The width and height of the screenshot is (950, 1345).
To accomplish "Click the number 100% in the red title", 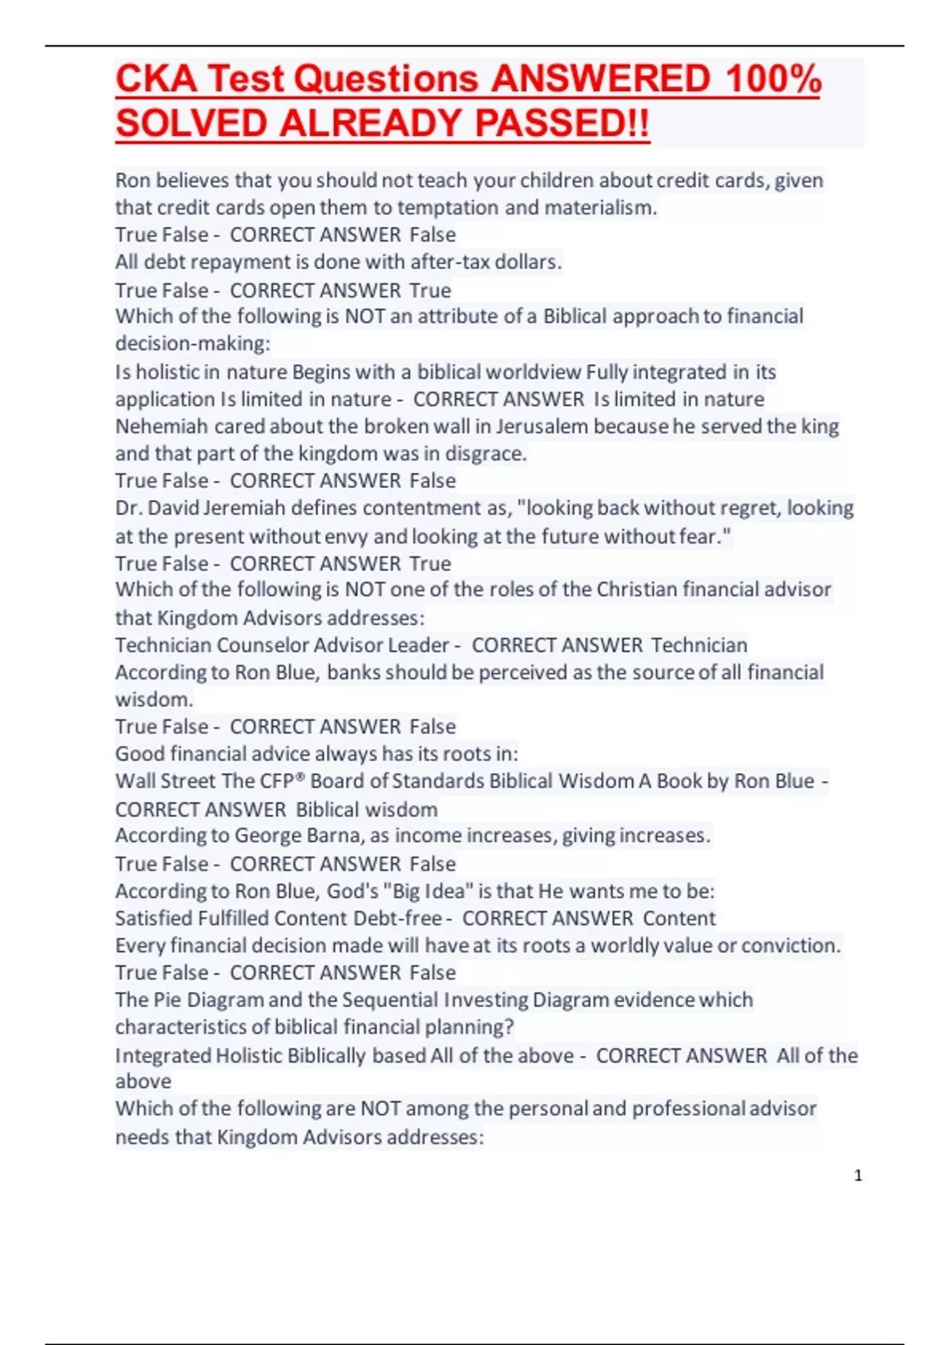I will pos(773,79).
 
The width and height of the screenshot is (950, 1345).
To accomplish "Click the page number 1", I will pos(858,1176).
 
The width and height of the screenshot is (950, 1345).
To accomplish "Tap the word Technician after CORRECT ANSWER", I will pos(699,646).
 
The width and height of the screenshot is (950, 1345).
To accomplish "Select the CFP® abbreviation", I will pos(283,782).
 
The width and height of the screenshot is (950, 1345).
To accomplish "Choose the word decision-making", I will pos(192,343).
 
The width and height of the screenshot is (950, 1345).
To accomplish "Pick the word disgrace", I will pos(487,454).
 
